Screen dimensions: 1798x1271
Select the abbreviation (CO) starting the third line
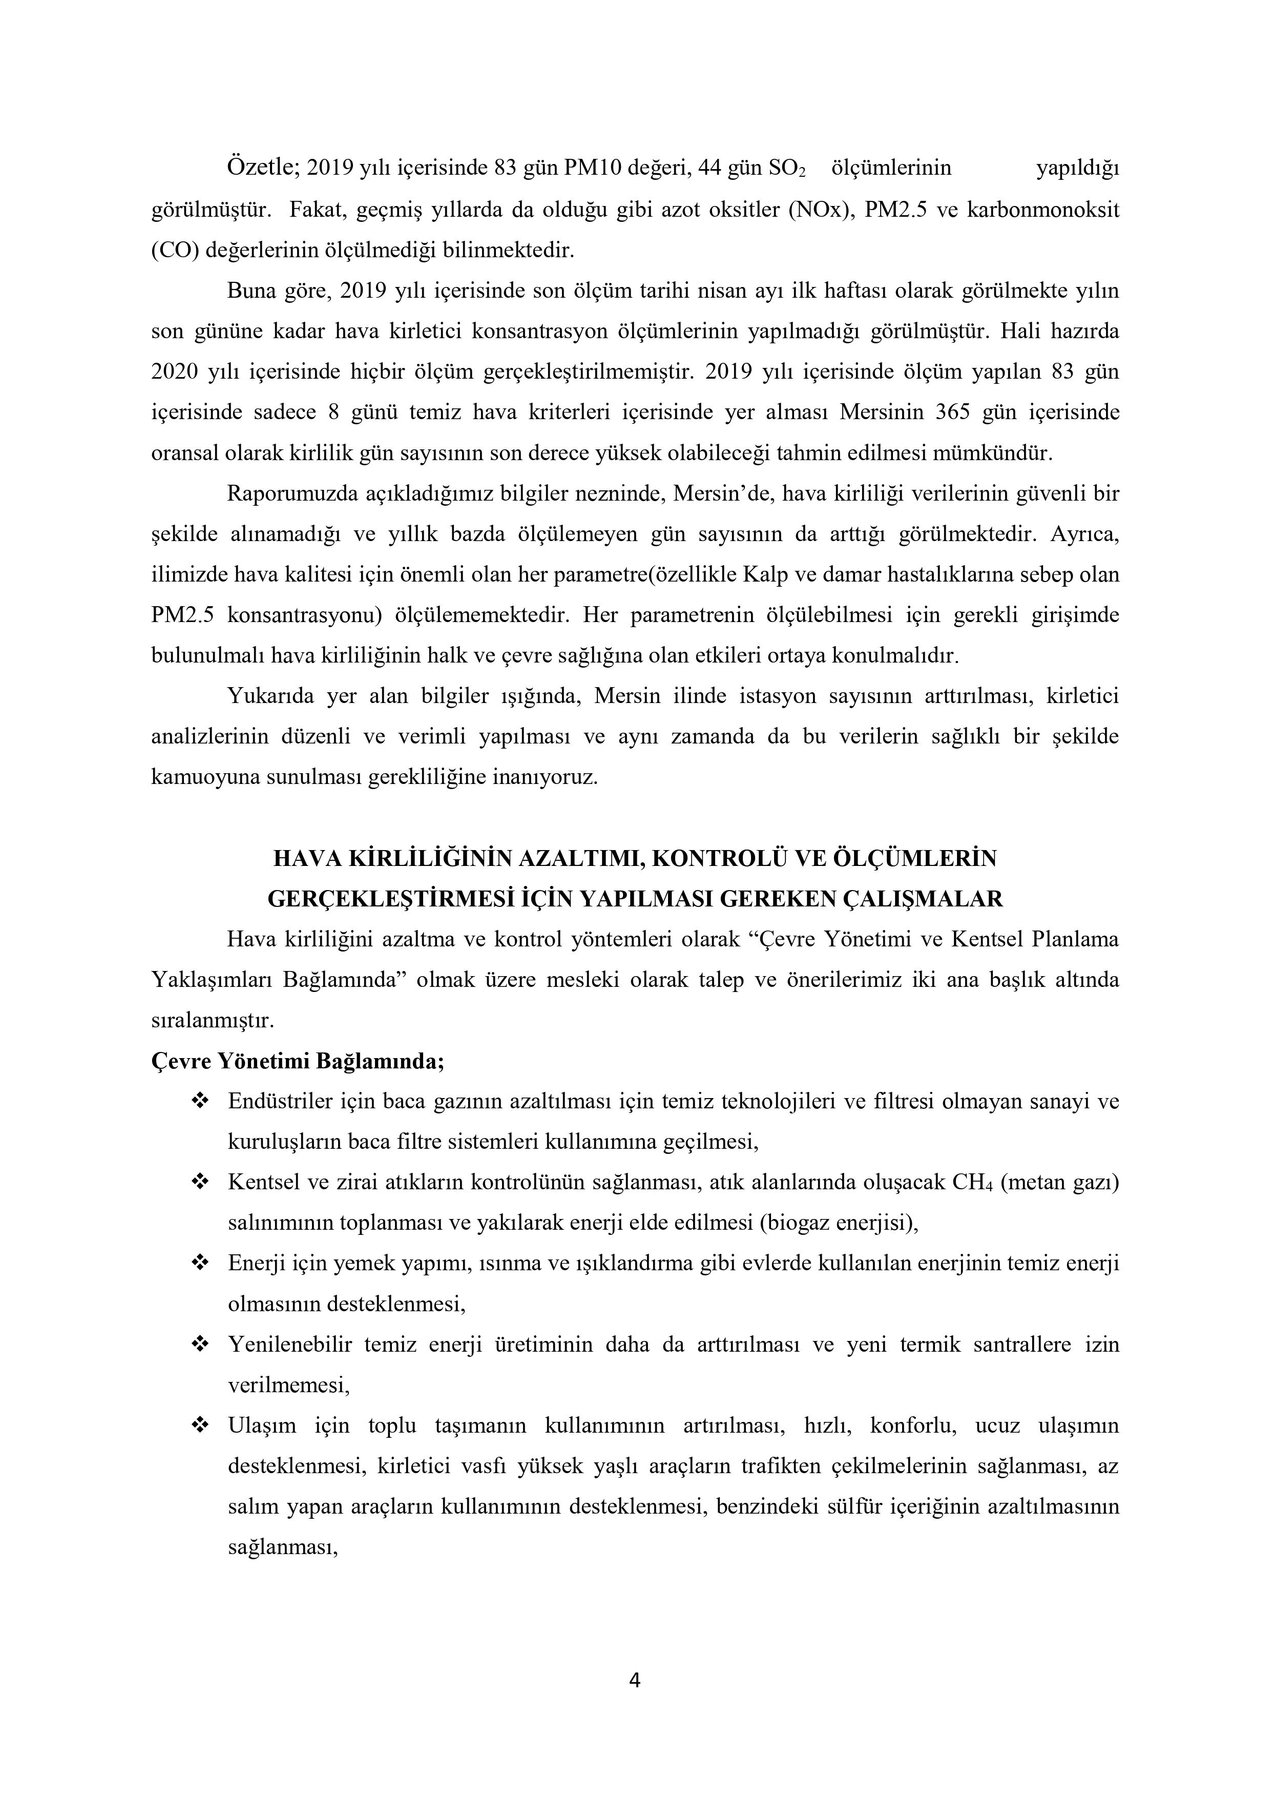click(x=172, y=250)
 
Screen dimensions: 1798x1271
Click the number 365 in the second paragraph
click(x=953, y=412)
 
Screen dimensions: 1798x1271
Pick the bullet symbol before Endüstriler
click(x=200, y=1102)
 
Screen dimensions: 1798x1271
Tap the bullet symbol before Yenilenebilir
click(x=200, y=1345)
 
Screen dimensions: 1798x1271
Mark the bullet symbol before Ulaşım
click(x=200, y=1425)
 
